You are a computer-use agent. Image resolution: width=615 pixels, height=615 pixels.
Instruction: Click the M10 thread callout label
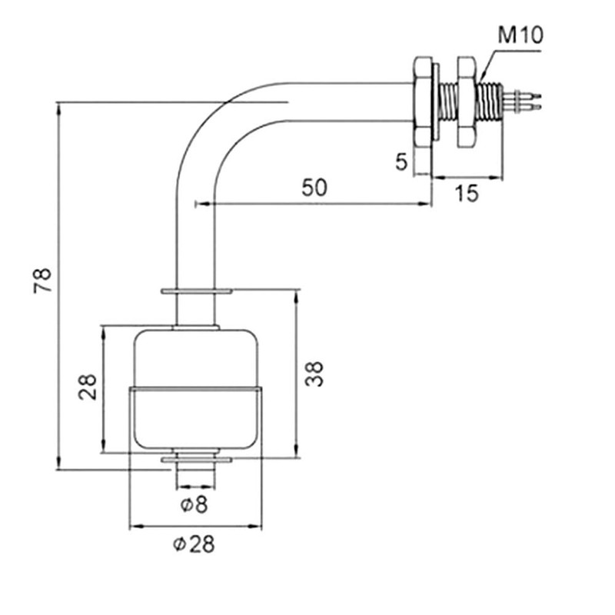click(520, 35)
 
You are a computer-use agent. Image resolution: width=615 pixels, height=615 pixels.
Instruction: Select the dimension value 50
click(314, 188)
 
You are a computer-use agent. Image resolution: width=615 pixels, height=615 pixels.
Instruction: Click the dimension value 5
click(400, 162)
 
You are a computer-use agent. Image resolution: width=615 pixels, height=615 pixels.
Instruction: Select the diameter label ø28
click(194, 544)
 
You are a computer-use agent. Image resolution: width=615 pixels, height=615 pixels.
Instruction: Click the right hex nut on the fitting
click(467, 101)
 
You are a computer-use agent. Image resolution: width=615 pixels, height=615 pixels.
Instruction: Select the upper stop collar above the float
click(196, 292)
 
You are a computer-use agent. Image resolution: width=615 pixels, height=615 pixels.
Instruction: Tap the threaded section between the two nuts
click(446, 101)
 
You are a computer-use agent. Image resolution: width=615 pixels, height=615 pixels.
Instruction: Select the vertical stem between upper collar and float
click(196, 311)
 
